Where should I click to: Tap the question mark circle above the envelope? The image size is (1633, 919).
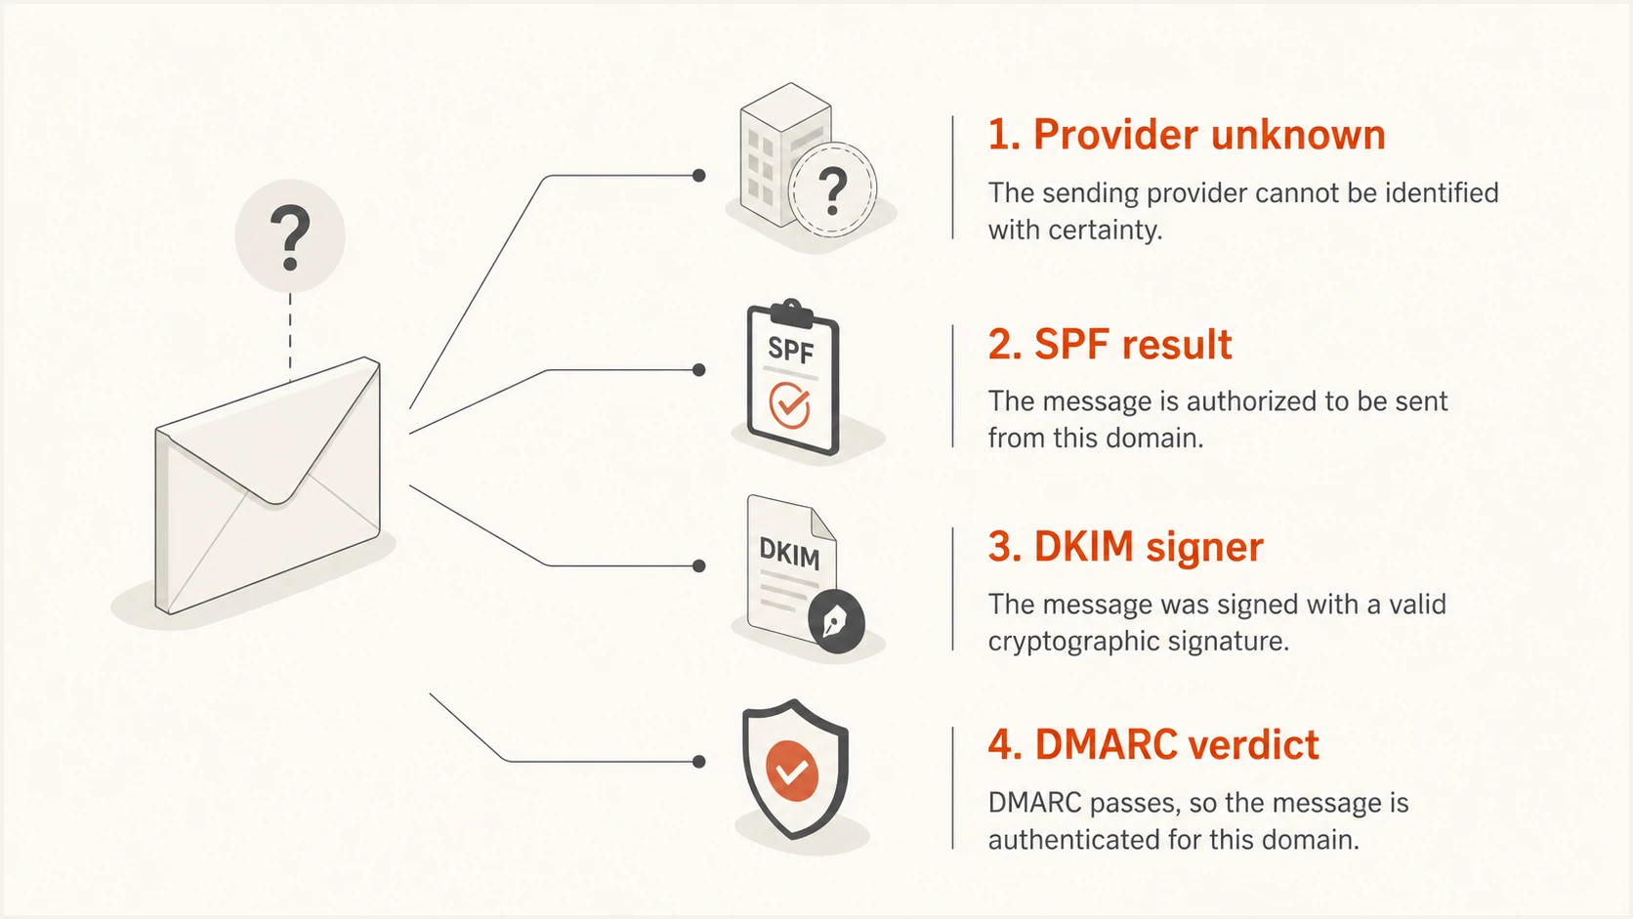click(x=290, y=236)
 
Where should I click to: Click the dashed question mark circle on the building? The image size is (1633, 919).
click(x=833, y=189)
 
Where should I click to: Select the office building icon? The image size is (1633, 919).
click(x=785, y=154)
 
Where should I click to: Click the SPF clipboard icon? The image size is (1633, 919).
click(x=792, y=377)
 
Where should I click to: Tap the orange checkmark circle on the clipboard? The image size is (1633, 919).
click(x=789, y=404)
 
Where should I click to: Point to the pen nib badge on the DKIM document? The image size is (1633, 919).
click(x=836, y=621)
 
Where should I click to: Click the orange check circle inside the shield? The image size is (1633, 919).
click(x=792, y=771)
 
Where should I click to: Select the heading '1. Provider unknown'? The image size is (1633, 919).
click(x=1187, y=135)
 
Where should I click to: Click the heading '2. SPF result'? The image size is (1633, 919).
click(x=1110, y=344)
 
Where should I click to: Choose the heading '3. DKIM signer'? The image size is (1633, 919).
click(x=1125, y=547)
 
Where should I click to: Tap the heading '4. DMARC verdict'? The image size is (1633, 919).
click(x=1153, y=745)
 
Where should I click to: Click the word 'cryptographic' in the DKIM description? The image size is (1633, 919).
click(x=1073, y=642)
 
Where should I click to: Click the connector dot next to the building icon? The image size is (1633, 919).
click(x=698, y=176)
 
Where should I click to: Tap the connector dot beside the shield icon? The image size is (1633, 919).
click(x=698, y=762)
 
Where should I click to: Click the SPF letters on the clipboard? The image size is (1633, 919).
click(x=790, y=351)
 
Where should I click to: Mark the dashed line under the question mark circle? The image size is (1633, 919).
click(x=290, y=338)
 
